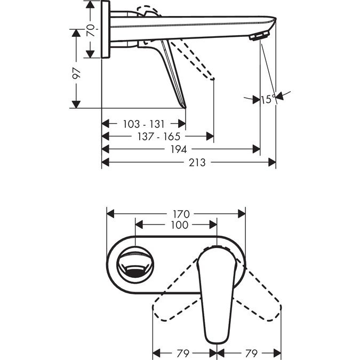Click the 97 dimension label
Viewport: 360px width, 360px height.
point(77,73)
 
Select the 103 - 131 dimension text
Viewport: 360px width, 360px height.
point(143,124)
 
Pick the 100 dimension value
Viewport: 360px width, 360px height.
point(179,225)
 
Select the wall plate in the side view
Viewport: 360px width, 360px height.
point(106,29)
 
